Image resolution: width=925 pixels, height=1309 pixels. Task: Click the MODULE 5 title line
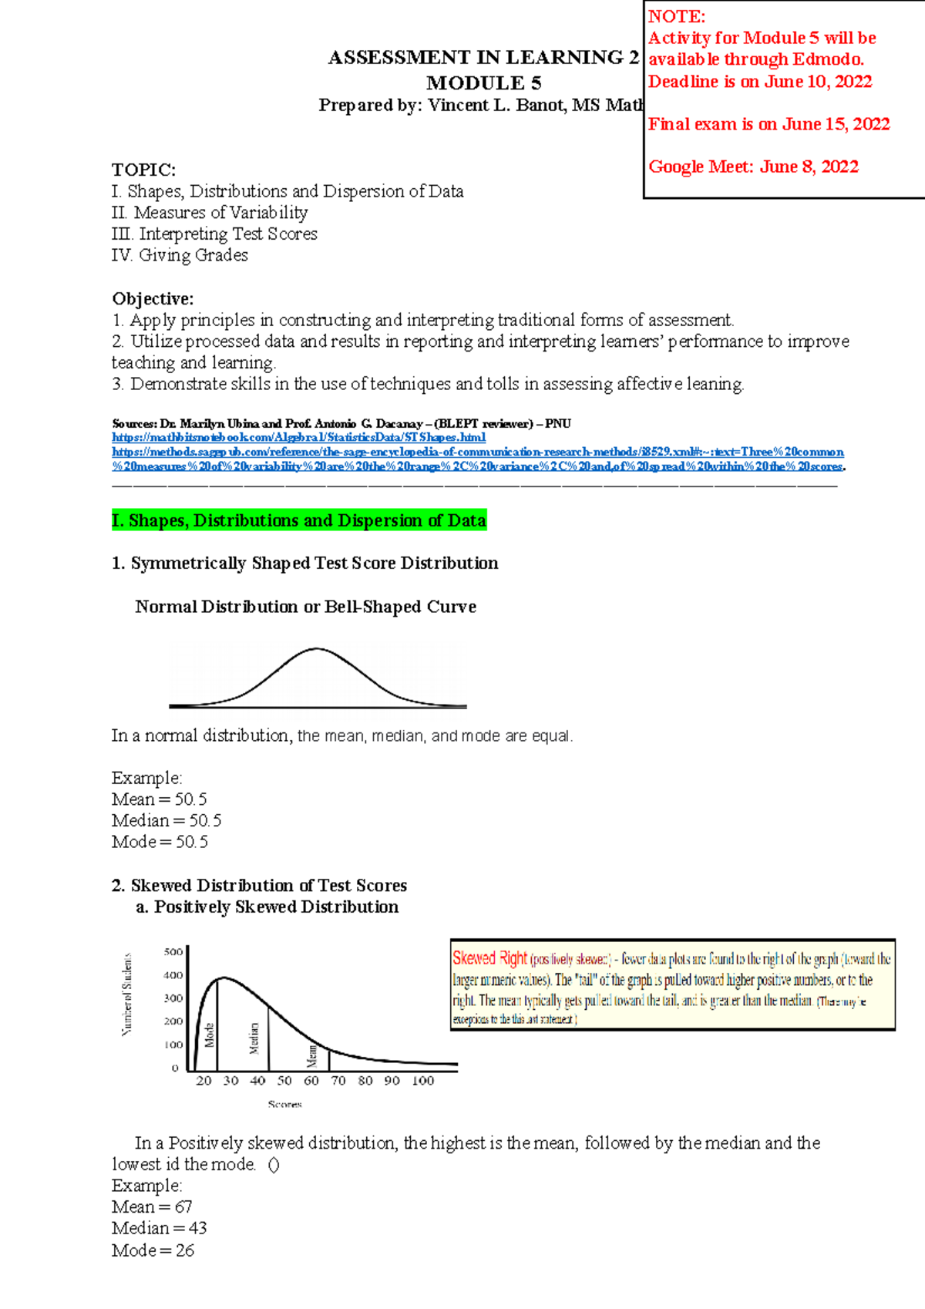(x=483, y=83)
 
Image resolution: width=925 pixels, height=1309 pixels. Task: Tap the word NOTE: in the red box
(x=676, y=16)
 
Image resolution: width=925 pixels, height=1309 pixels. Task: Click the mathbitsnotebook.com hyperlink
(x=298, y=437)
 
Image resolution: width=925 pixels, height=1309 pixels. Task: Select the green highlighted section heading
(x=298, y=520)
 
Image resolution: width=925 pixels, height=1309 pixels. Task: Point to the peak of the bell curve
(x=316, y=649)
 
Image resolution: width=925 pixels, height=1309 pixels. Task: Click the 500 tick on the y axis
(x=173, y=952)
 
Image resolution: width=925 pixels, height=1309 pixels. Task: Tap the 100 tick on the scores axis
(x=422, y=1081)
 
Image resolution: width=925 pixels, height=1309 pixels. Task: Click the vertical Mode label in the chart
(x=209, y=1034)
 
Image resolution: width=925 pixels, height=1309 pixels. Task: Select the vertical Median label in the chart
(x=254, y=1038)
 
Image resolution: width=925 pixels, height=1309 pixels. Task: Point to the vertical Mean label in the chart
(x=312, y=1055)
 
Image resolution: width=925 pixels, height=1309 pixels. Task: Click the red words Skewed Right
(x=489, y=958)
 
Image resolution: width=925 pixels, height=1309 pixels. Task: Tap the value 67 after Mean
(x=183, y=1206)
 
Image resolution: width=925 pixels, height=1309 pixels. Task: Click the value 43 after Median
(x=197, y=1228)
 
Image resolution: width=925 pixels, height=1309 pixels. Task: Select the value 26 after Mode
(x=185, y=1250)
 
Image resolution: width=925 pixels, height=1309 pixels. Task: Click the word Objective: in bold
(x=153, y=299)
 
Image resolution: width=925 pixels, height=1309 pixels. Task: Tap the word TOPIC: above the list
(x=143, y=170)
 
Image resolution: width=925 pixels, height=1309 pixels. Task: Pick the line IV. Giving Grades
(x=180, y=255)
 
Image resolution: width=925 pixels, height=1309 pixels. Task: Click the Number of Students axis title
(x=127, y=994)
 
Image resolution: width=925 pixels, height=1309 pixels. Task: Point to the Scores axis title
(x=284, y=1104)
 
